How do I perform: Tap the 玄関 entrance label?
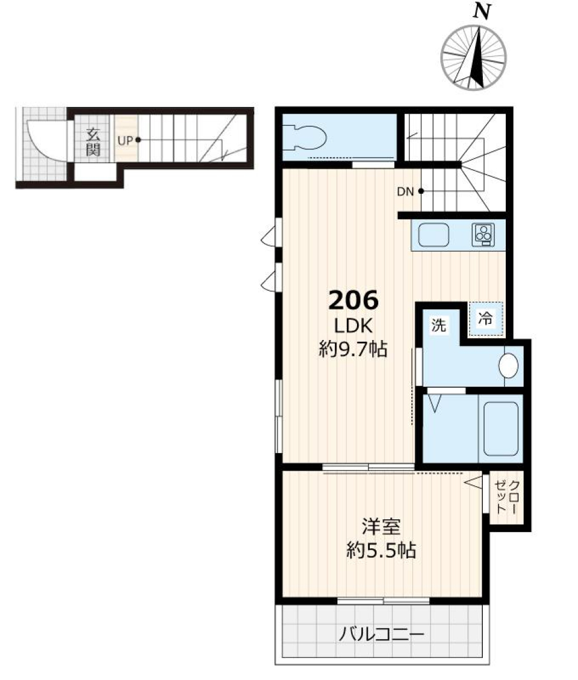pos(92,141)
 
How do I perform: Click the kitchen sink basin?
pos(433,235)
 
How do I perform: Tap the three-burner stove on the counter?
pos(483,235)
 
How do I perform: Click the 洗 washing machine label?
pos(438,326)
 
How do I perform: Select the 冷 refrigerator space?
pos(485,320)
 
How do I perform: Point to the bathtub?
pos(501,428)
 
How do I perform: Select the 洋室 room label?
pos(381,527)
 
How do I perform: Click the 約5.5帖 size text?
pos(381,550)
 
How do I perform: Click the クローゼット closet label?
pos(508,497)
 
